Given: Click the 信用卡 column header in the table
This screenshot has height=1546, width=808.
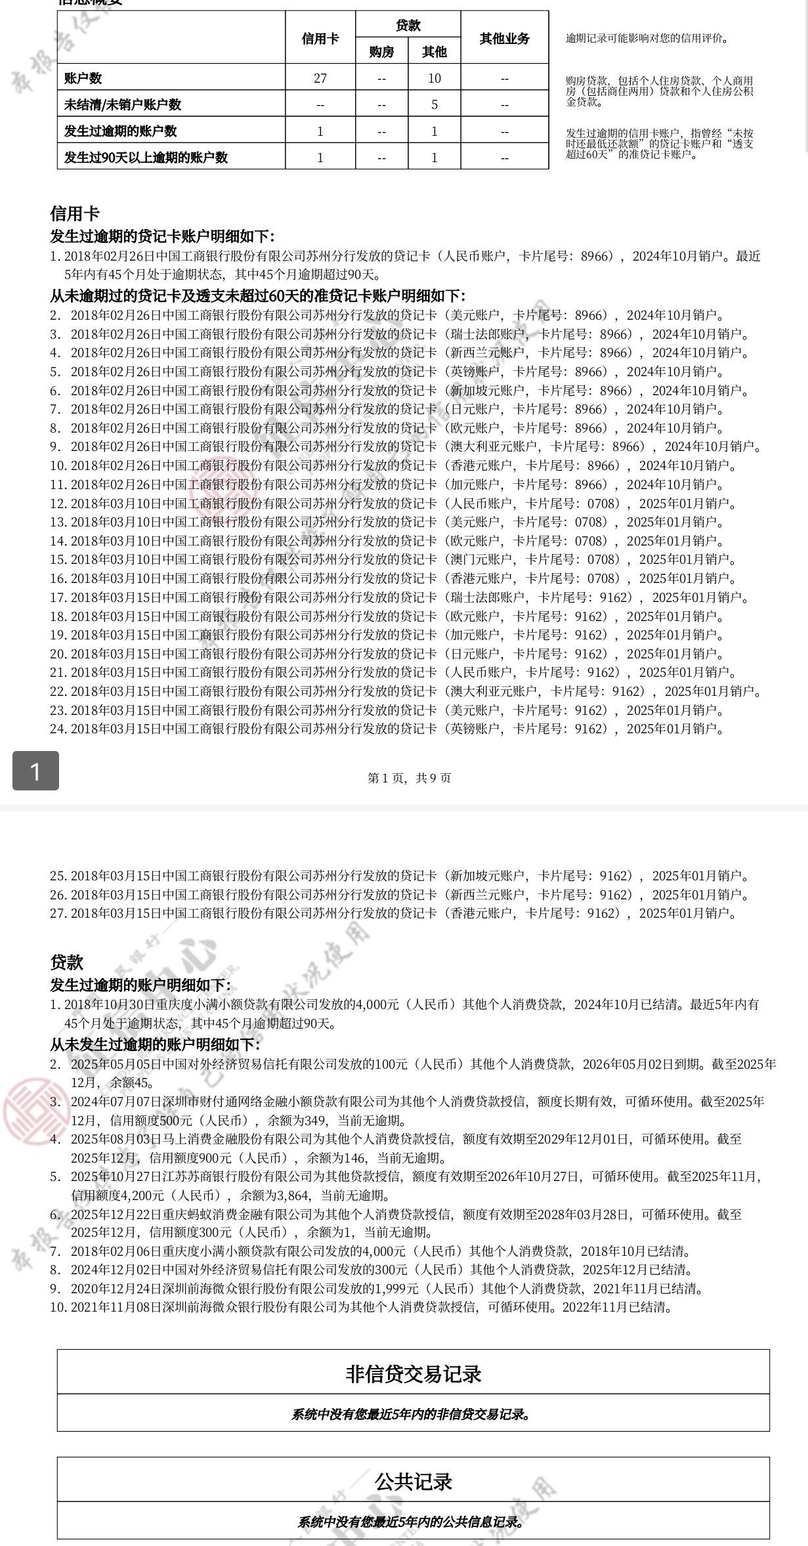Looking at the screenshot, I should click(320, 38).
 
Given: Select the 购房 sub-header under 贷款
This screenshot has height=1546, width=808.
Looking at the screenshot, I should click(381, 51).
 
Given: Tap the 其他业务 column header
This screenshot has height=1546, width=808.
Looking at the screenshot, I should click(504, 38).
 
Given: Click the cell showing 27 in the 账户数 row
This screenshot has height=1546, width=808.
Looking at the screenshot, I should click(320, 78).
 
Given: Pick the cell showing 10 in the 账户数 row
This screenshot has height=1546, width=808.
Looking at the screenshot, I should click(435, 78).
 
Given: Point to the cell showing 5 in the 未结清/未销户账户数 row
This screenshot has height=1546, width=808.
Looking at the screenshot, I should click(435, 104).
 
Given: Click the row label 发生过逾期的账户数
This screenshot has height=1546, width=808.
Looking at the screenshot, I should click(120, 131).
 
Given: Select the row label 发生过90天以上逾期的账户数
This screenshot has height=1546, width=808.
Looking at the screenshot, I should click(146, 158).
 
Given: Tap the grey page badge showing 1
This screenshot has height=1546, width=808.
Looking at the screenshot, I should click(35, 771).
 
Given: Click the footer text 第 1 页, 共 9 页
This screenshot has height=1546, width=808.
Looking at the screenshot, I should click(410, 778).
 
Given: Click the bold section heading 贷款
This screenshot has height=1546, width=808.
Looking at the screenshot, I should click(67, 962).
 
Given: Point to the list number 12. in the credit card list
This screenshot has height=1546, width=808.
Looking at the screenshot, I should click(58, 504).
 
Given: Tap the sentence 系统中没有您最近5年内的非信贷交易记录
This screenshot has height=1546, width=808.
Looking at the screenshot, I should click(412, 1414).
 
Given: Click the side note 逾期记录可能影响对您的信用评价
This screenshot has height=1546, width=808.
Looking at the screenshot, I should click(647, 38).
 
